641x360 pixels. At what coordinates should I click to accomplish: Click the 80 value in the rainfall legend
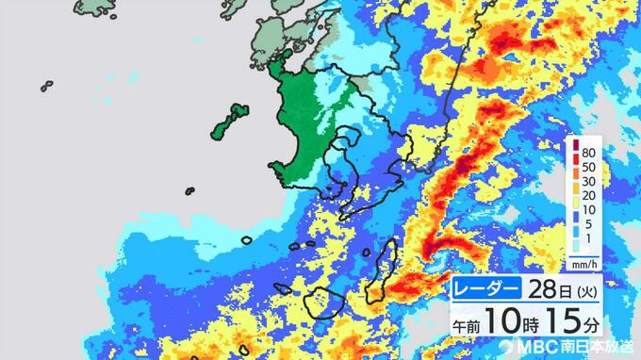point(587,152)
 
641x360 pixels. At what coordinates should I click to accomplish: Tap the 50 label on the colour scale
point(587,168)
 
